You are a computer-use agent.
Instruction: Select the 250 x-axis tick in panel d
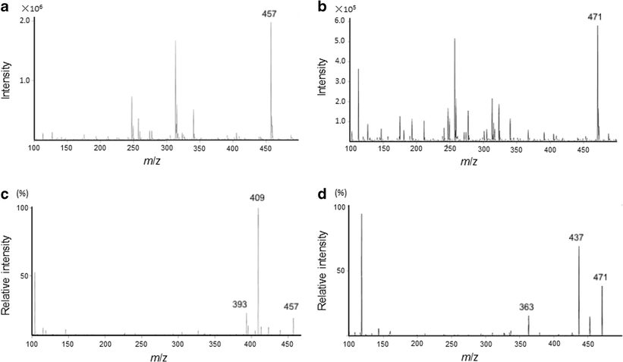point(453,345)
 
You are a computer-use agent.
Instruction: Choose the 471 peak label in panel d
point(602,279)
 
